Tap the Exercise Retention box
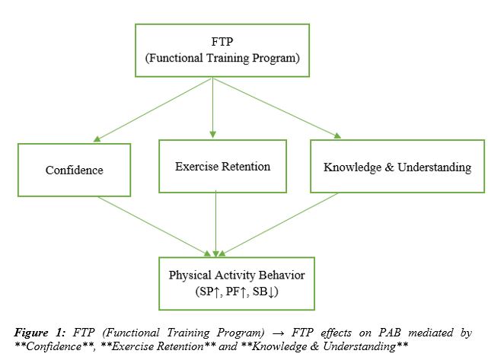[x=222, y=165]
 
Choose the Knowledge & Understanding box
[x=397, y=166]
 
